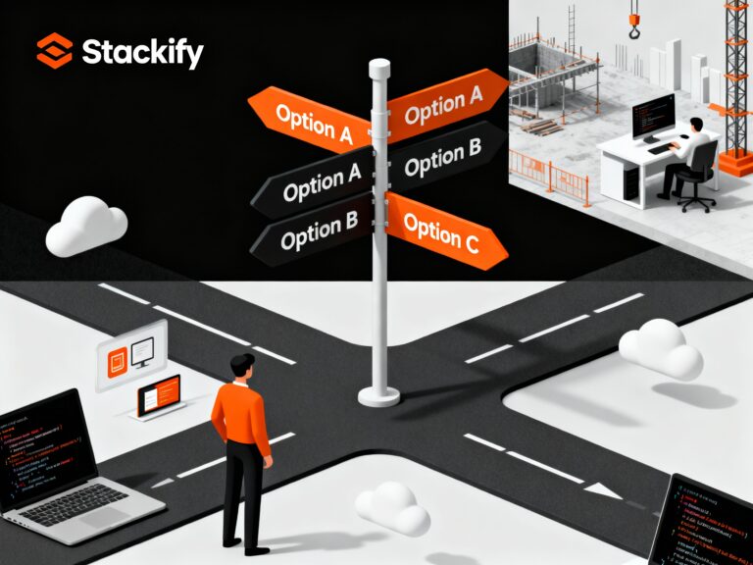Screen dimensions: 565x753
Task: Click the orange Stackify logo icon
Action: pyautogui.click(x=54, y=50)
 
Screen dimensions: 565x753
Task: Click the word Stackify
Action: pyautogui.click(x=143, y=52)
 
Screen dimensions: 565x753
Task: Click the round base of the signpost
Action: pyautogui.click(x=378, y=394)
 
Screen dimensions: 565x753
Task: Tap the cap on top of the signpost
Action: pyautogui.click(x=378, y=70)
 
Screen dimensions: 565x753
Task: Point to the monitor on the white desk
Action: pyautogui.click(x=651, y=117)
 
